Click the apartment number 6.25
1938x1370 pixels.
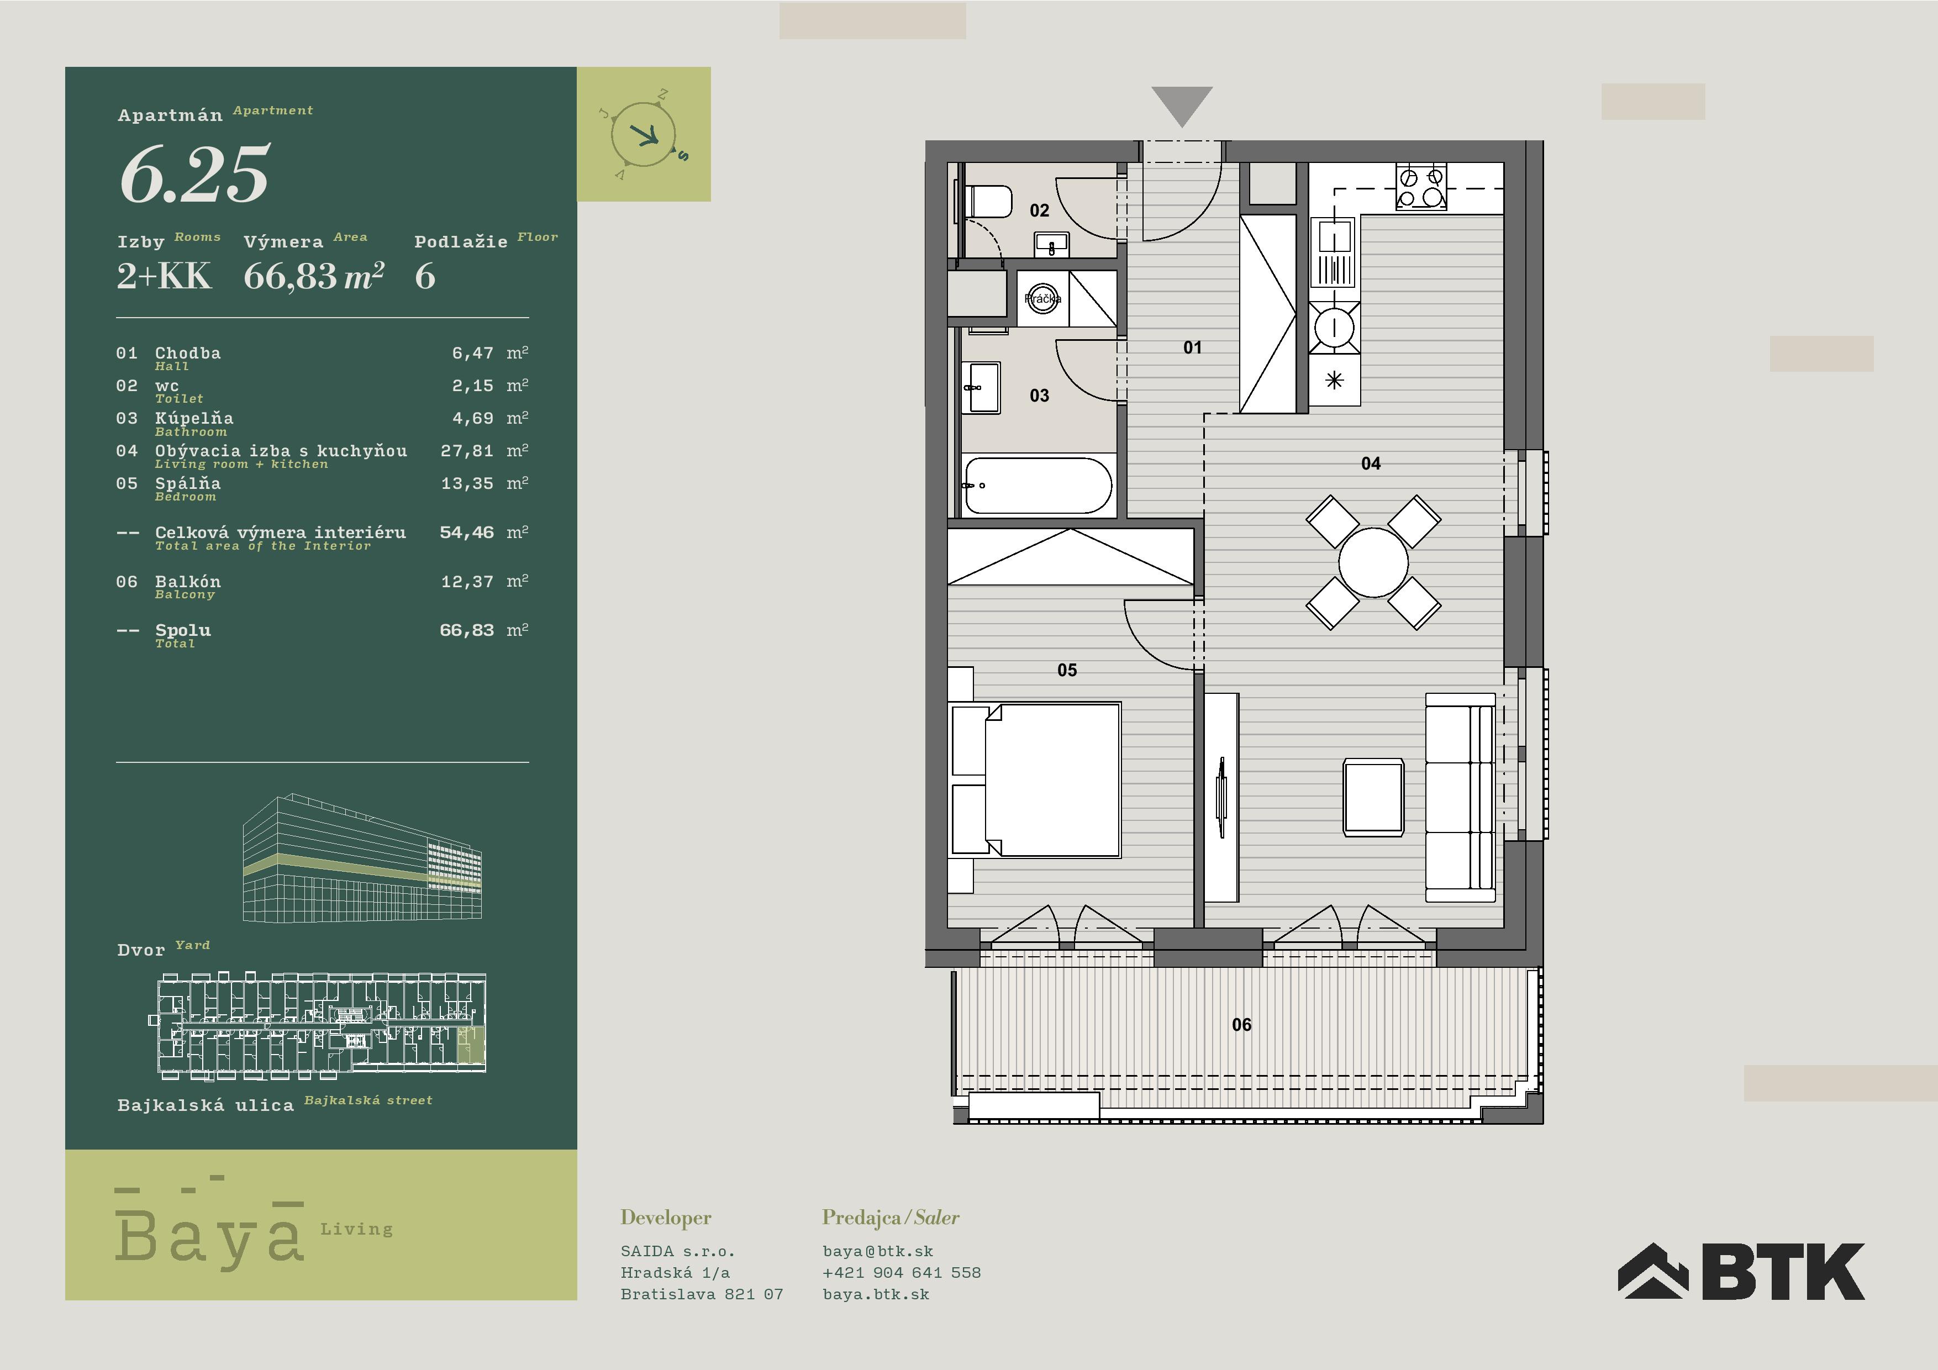tap(195, 175)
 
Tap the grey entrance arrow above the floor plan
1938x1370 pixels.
tap(1182, 104)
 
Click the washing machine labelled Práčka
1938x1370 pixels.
tap(1042, 299)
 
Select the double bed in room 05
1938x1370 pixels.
tap(1036, 780)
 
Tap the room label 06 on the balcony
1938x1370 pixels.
tap(1241, 1025)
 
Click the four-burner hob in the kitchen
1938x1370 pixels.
tap(1420, 187)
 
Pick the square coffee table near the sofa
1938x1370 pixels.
tap(1373, 798)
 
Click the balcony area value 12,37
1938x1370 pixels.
tap(467, 582)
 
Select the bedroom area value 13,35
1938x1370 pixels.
tap(467, 484)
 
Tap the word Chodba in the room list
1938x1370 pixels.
tap(187, 353)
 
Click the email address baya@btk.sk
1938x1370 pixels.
tap(878, 1251)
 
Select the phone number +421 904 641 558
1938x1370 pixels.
tap(902, 1272)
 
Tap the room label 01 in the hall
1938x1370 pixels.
tap(1192, 347)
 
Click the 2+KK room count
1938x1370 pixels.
tap(164, 276)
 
